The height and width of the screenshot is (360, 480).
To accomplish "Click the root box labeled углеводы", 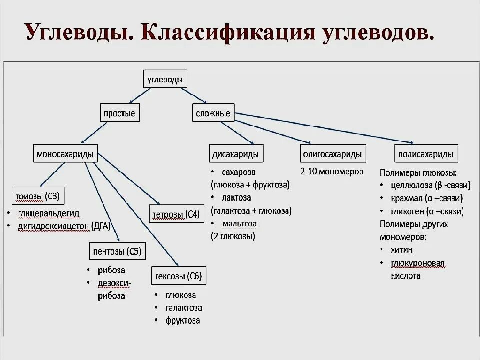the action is pos(165,79).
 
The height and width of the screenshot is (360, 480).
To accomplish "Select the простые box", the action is pos(119,113).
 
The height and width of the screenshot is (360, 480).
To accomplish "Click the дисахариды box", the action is pos(236,154).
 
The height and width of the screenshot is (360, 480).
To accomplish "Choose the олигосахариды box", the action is pos(332,154).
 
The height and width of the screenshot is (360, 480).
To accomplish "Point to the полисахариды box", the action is pos(425,154).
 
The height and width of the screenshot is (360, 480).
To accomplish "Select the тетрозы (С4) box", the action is pos(175,215).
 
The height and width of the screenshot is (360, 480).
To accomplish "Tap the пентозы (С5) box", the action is pos(117,251).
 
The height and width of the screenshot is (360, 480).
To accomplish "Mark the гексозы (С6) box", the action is pos(179,276).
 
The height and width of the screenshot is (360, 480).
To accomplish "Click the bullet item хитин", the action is pos(403,249).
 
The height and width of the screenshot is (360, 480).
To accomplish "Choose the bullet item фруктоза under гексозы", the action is pos(183,320).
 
